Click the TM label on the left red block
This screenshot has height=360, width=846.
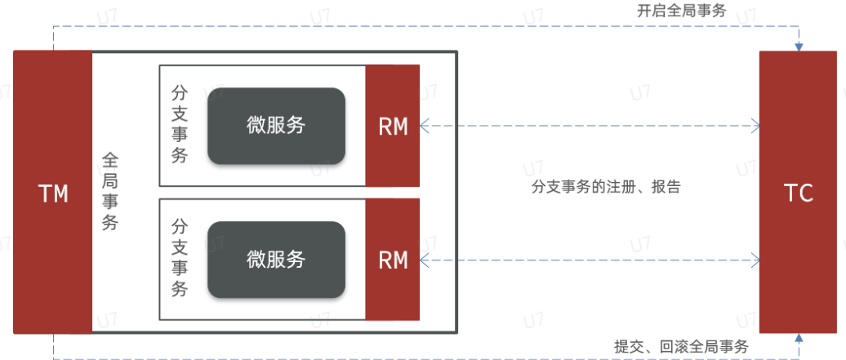53,193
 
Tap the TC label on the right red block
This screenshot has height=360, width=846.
798,193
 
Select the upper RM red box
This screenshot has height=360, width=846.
393,127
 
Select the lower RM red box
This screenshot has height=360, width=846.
393,260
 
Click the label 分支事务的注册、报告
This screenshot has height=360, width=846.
605,187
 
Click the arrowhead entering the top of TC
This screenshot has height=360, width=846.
799,46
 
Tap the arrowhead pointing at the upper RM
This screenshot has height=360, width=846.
425,127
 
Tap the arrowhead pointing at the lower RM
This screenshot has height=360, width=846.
425,260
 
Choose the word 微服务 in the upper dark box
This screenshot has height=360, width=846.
275,126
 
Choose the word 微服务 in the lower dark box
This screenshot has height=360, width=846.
275,259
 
